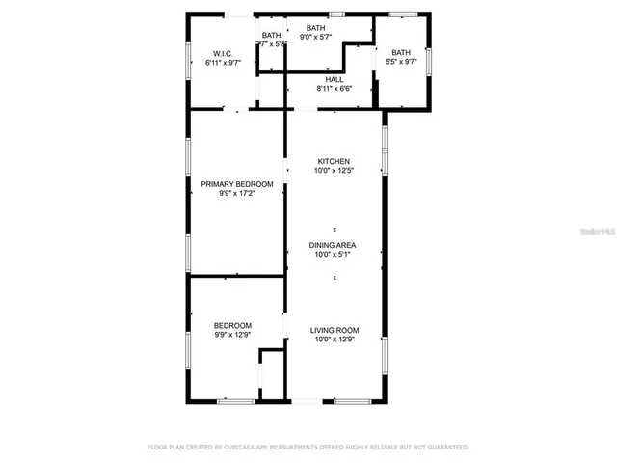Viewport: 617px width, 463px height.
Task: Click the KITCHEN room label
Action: pos(334,161)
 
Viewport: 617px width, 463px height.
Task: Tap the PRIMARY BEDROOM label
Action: pos(236,184)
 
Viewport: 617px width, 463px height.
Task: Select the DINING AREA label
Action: pos(334,245)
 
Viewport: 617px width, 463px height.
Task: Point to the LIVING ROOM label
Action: pos(334,330)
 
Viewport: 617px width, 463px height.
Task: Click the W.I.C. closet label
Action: pos(224,53)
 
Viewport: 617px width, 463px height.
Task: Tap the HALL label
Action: pos(335,79)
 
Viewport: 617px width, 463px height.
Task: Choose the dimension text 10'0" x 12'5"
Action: pos(334,171)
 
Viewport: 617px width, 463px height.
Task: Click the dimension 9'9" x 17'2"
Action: pos(236,194)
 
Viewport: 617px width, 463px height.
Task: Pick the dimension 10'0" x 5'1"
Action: pos(334,255)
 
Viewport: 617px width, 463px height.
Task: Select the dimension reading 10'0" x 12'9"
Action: pos(334,340)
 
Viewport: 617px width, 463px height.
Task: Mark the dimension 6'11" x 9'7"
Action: pos(224,62)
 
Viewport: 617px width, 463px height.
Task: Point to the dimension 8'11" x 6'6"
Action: pos(335,89)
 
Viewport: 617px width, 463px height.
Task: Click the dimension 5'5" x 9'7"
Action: pos(401,62)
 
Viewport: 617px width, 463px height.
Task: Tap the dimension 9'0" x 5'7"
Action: pos(315,37)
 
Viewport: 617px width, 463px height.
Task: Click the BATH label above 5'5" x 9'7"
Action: pos(401,52)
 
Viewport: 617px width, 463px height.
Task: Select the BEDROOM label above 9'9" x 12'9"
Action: pos(232,325)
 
